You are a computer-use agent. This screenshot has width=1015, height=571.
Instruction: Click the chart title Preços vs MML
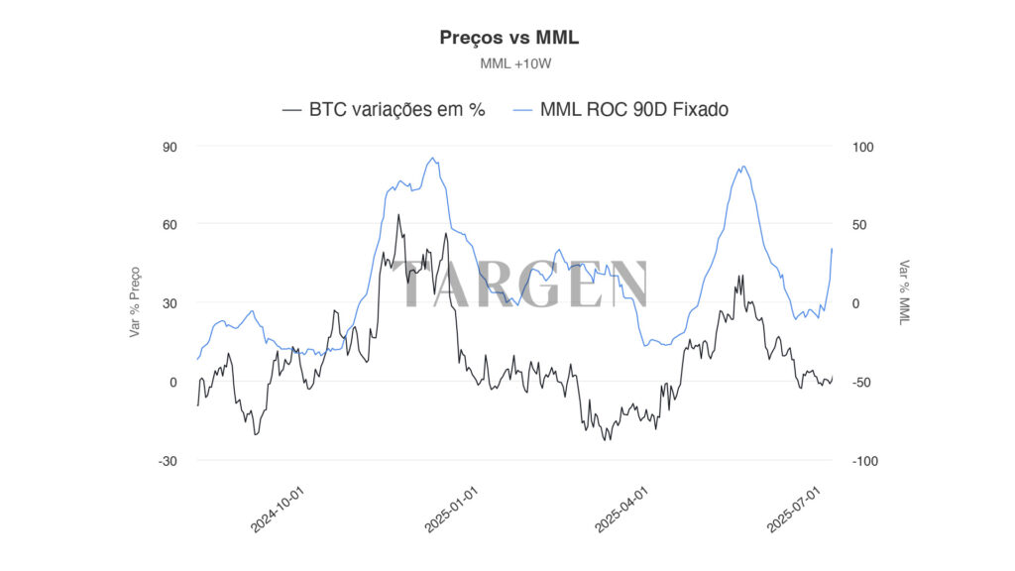coord(507,38)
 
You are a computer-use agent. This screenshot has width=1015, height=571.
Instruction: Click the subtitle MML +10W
coord(507,63)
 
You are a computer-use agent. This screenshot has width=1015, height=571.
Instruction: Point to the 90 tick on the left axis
coord(169,147)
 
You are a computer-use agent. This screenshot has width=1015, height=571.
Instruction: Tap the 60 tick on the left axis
coord(169,225)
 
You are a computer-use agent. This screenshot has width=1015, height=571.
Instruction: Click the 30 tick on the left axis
coord(169,303)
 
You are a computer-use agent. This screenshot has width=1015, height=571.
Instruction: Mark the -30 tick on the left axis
coord(168,461)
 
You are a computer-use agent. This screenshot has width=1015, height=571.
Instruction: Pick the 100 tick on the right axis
coord(864,147)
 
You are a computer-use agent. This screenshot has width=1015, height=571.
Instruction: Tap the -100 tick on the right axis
coord(861,461)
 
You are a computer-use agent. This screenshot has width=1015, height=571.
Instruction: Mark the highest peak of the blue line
coord(432,158)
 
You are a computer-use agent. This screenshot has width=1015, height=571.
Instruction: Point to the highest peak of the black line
coord(398,214)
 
